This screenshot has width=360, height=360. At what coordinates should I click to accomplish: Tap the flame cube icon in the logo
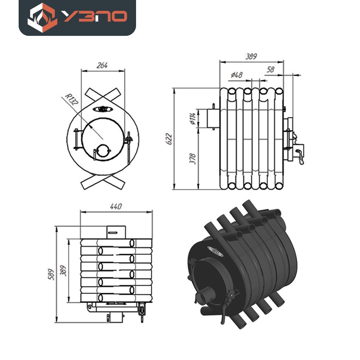[42, 18]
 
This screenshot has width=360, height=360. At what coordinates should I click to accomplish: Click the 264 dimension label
[102, 65]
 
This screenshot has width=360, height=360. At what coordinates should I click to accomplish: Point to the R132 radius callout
[71, 99]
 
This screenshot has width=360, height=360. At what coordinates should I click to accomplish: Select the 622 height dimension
[169, 139]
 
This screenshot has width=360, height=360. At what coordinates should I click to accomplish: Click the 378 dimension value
[192, 159]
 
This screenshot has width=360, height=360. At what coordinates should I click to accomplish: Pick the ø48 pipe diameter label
[237, 75]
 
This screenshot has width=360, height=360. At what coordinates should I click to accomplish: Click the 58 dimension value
[270, 69]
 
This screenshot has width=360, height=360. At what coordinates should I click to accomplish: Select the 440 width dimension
[116, 206]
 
